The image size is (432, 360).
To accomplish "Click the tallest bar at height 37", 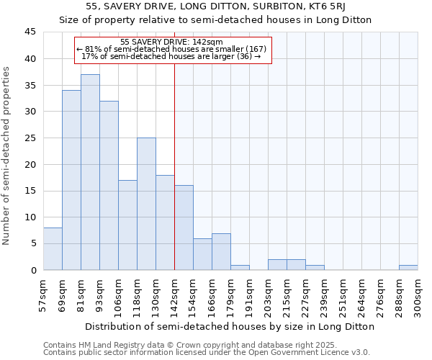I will [90, 172].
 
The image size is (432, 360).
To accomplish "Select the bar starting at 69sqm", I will [71, 180].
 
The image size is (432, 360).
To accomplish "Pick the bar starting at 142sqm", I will [184, 228].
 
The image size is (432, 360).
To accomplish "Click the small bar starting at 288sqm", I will [408, 267].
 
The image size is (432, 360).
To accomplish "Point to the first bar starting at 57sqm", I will [53, 248].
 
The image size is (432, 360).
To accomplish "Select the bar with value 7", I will [221, 251].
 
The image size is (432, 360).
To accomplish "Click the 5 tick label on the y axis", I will [33, 243].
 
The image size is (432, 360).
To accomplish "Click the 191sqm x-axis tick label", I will [250, 295].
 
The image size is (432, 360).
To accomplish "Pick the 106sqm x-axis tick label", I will [119, 295].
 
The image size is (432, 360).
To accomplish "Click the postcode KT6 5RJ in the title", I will [313, 6].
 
